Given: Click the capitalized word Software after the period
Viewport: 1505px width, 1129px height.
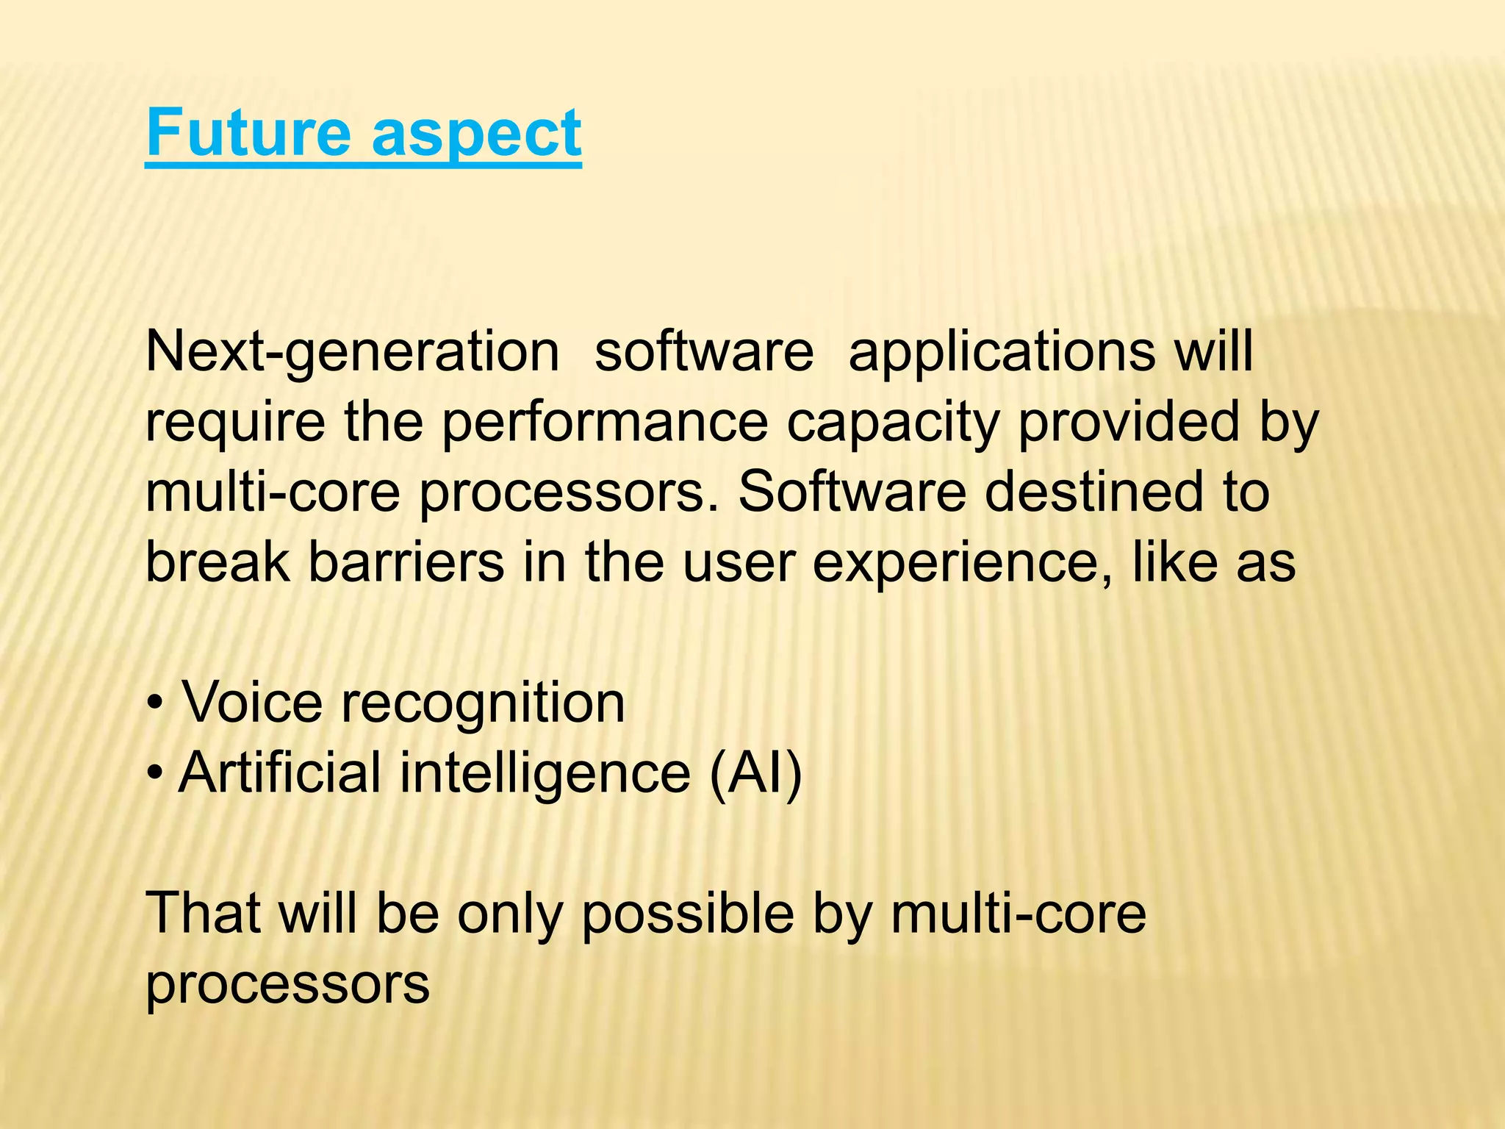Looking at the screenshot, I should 852,492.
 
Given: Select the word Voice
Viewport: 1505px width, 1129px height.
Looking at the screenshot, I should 252,703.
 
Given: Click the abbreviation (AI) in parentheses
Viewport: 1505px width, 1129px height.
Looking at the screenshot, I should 755,773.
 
